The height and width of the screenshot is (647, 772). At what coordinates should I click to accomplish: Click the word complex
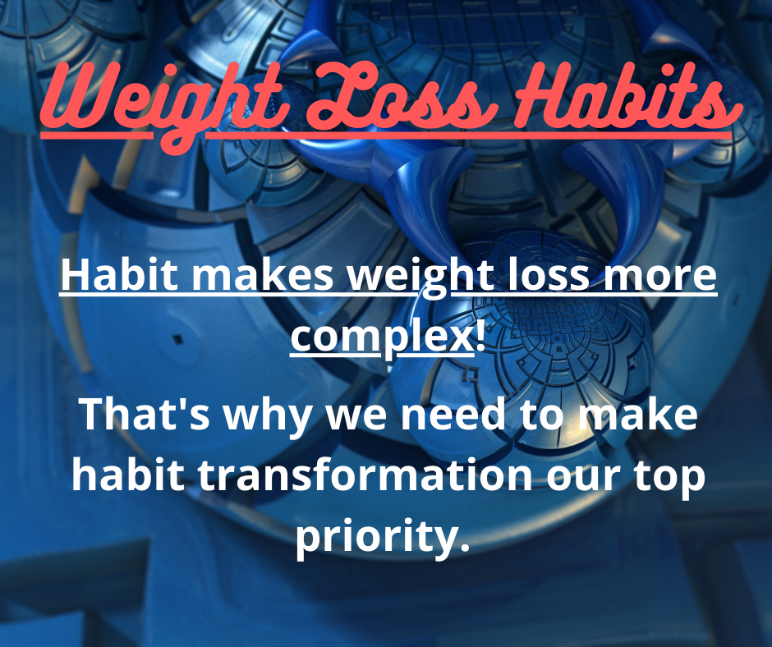382,340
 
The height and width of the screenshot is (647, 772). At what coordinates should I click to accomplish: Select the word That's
145,414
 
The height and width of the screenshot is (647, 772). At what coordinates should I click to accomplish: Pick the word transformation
365,475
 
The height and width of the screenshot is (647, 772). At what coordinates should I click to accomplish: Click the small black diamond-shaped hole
178,339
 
